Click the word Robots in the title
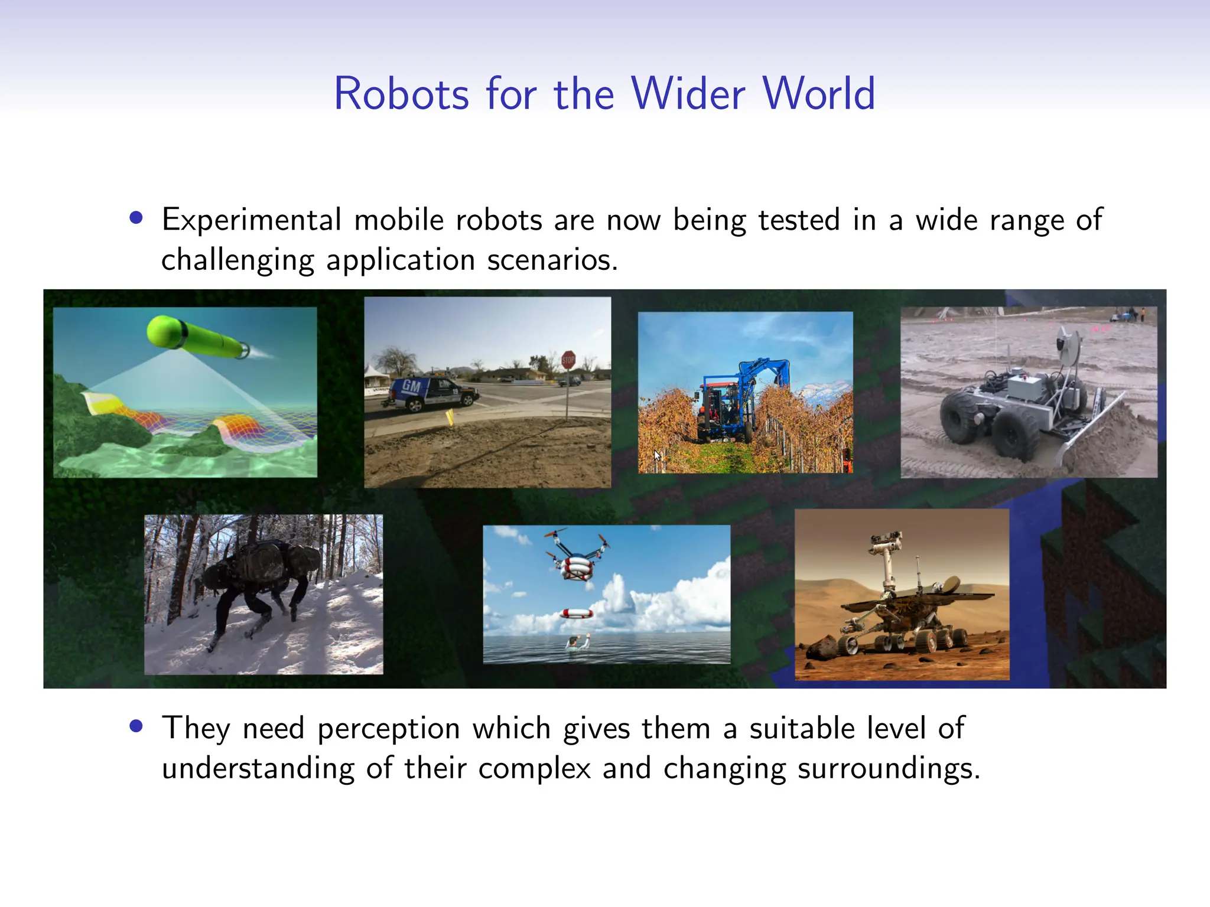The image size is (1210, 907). pos(401,94)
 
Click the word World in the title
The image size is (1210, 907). pos(818,94)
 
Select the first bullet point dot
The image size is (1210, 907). pos(136,218)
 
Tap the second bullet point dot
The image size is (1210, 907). pos(136,726)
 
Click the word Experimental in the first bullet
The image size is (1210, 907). pos(252,220)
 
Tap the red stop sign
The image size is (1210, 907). pos(568,360)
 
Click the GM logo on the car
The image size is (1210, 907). pos(412,387)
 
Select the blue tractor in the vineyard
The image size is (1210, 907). pos(733,402)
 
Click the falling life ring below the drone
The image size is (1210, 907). pos(576,614)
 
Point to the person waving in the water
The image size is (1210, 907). pos(572,642)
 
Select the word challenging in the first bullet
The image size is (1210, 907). pos(238,260)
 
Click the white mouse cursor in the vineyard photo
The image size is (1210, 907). pos(657,455)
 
